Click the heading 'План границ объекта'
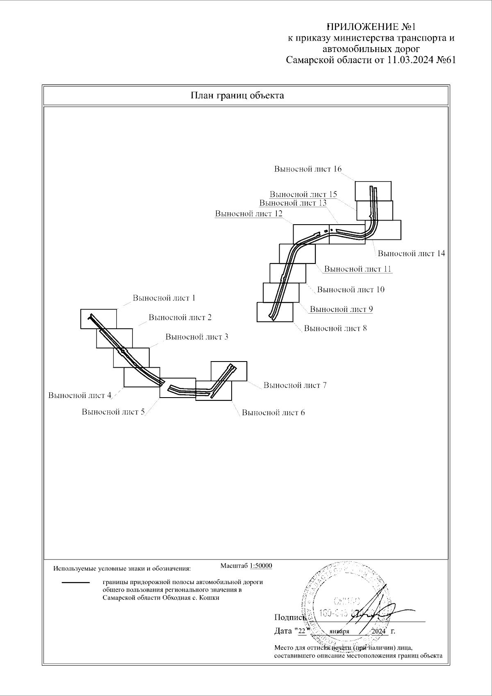coord(237,96)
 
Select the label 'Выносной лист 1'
coord(164,298)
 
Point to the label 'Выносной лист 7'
coord(295,385)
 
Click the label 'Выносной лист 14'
coord(411,253)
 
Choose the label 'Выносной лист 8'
coord(335,328)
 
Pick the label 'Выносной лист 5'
coord(113,412)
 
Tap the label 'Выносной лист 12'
coord(248,214)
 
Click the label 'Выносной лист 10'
coord(351,289)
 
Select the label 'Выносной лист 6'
coord(273,413)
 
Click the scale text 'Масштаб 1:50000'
coord(246,566)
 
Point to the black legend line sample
coord(75,582)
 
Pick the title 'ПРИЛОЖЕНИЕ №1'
coord(371,27)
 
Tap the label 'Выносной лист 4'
coord(80,396)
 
